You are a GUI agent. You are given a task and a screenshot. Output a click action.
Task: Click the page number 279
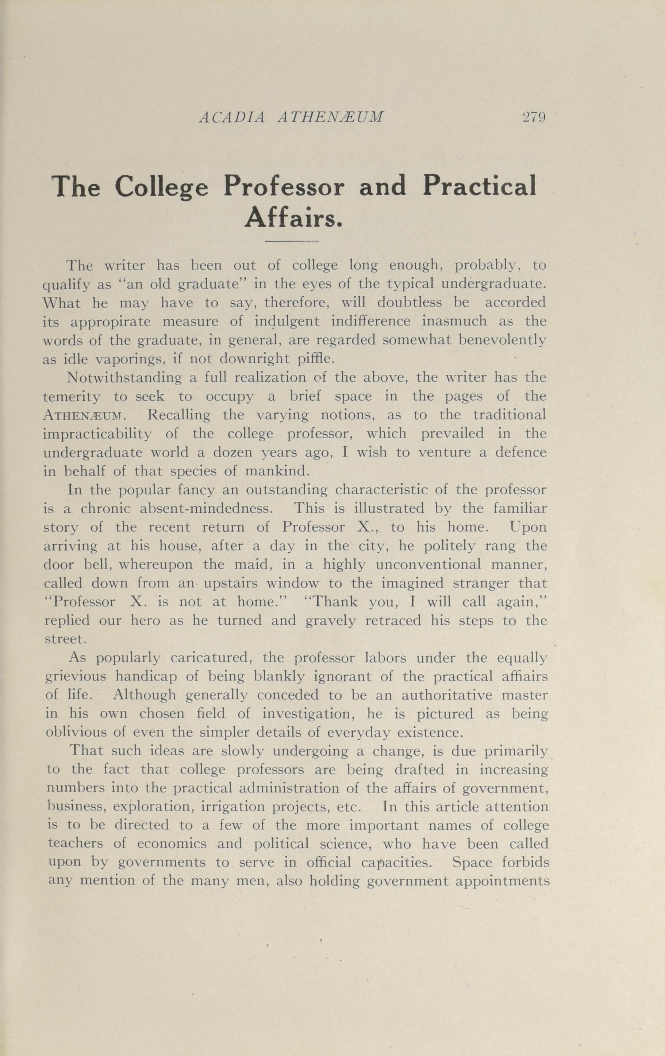click(533, 117)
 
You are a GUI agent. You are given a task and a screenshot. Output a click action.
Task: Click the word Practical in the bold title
click(480, 186)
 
